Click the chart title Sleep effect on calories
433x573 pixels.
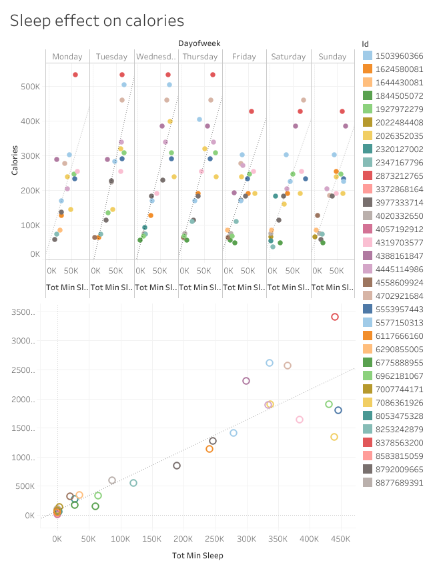click(97, 21)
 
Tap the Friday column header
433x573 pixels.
click(244, 57)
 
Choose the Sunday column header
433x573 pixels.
click(332, 57)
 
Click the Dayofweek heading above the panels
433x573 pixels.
click(199, 43)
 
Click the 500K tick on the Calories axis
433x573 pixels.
click(31, 86)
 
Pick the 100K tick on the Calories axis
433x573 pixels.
click(31, 225)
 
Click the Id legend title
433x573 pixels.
click(365, 43)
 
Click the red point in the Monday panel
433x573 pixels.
click(75, 75)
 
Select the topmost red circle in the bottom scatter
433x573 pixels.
click(335, 317)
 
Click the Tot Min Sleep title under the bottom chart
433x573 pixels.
click(197, 556)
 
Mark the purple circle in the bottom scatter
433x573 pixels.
click(246, 381)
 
